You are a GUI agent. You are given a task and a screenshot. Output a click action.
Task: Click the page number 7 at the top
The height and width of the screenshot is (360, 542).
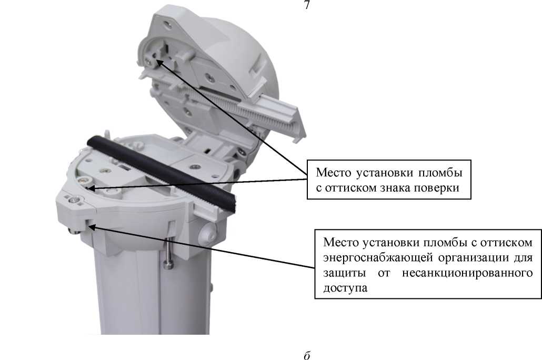coord(307,5)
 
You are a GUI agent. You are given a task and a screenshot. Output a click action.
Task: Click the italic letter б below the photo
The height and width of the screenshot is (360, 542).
coord(307,355)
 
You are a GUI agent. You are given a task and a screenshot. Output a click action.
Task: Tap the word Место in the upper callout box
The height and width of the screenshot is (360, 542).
coord(333,172)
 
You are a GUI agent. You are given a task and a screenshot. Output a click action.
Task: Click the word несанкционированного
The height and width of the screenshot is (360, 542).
coord(467,273)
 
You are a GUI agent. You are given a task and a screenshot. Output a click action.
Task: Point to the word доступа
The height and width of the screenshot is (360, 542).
coord(345,288)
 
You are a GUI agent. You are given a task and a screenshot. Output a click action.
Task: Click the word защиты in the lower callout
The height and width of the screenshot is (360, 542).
coord(345,273)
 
